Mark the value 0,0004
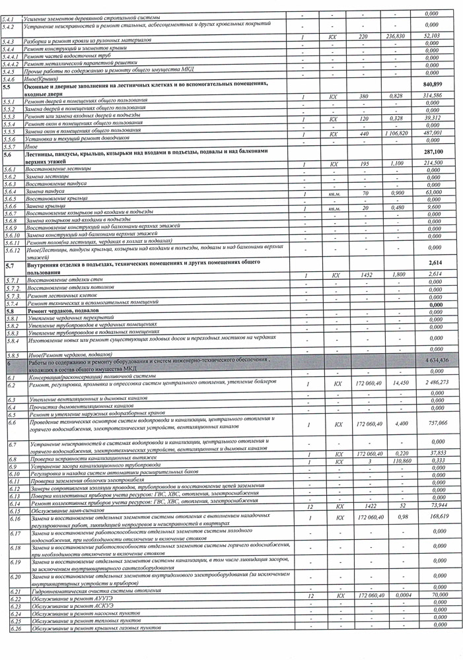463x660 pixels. point(396,595)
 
